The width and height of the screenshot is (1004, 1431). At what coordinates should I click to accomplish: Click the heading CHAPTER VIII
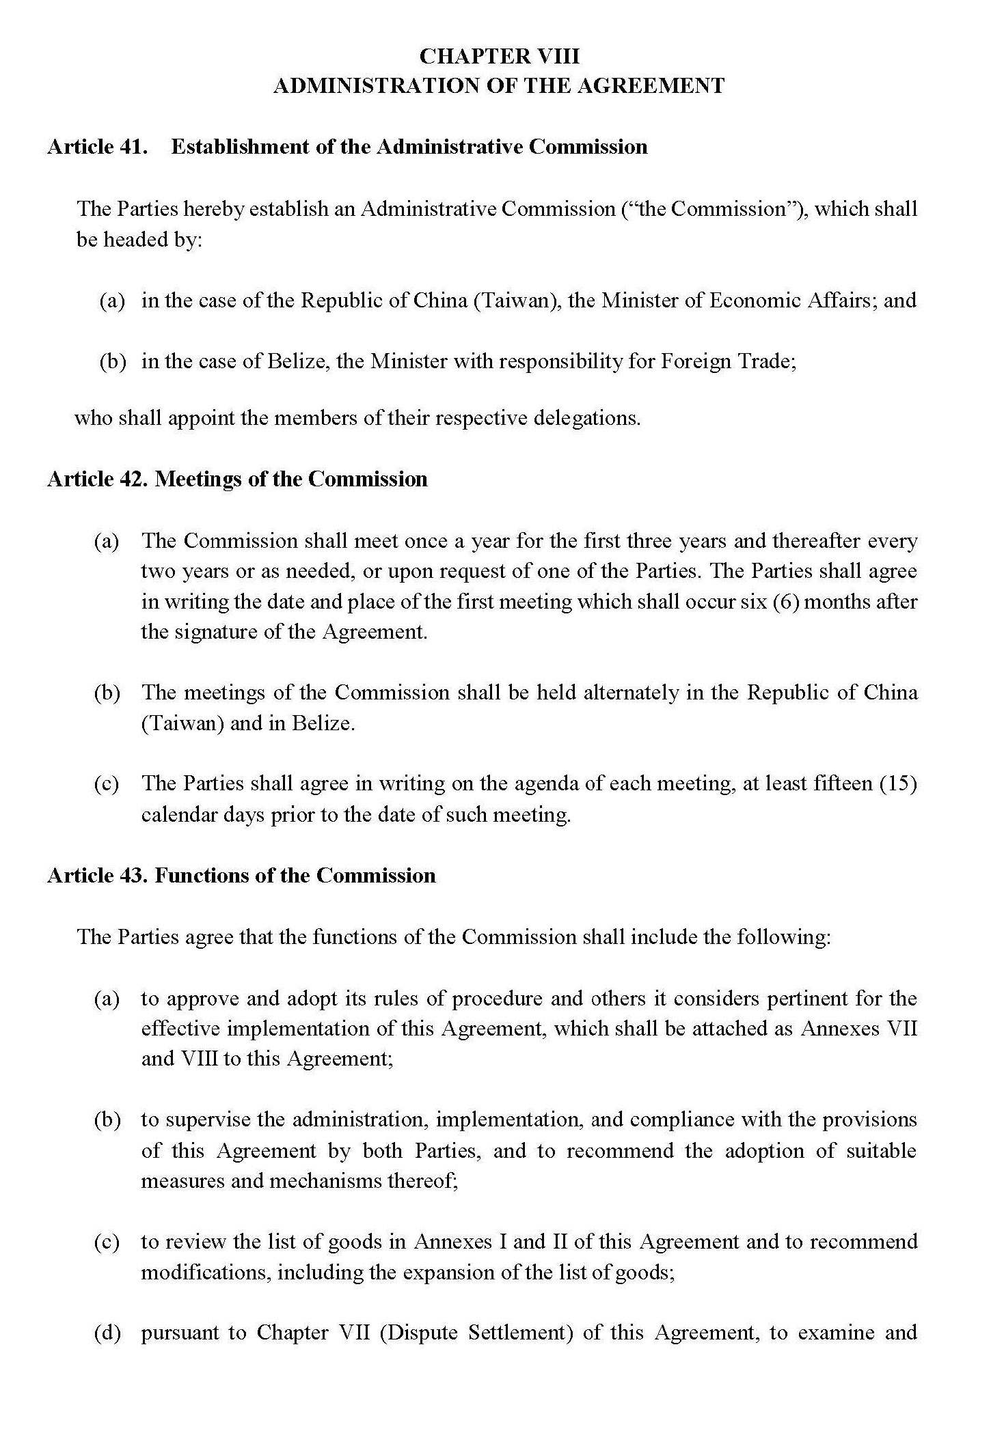point(499,56)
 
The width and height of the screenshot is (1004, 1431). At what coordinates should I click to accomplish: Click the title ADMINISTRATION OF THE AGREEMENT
point(499,86)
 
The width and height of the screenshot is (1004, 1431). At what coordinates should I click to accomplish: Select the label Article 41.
point(97,147)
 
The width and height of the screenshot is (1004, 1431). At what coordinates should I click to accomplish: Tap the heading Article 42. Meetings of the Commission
point(237,479)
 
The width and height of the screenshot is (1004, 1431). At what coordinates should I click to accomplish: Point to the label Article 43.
point(97,876)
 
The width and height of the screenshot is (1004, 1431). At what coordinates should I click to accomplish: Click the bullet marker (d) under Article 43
point(107,1333)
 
